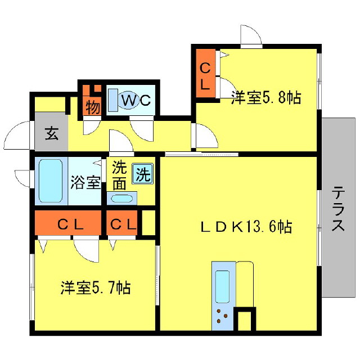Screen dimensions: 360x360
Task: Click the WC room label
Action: click(x=137, y=101)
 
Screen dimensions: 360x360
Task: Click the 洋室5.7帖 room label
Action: click(x=96, y=289)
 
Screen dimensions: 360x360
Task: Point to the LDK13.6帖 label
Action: click(x=246, y=227)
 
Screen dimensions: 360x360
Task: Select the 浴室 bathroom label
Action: click(x=85, y=182)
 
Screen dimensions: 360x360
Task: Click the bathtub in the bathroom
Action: click(x=51, y=181)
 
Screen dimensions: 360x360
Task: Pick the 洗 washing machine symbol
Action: click(x=142, y=174)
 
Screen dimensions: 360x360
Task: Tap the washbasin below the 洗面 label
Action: click(x=121, y=198)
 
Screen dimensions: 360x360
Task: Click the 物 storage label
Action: click(x=92, y=107)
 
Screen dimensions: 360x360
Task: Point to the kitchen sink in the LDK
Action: click(x=222, y=286)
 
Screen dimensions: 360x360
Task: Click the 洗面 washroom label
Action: click(x=119, y=175)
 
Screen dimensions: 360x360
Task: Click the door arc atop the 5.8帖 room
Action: click(x=250, y=35)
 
